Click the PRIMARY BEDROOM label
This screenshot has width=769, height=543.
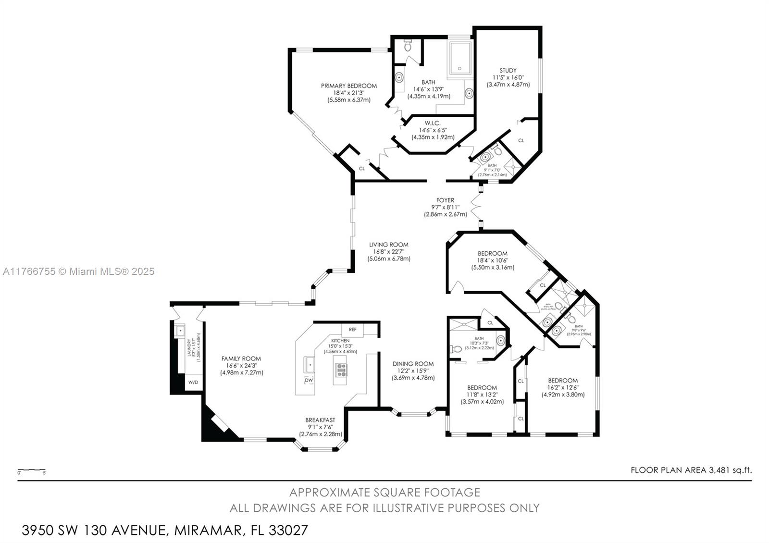coord(348,86)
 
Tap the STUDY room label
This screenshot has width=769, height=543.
coord(508,71)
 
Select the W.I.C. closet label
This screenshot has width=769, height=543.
coord(433,123)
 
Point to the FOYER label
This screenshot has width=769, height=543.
coord(445,200)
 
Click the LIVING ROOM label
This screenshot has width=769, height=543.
coord(388,245)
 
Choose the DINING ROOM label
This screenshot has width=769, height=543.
coord(413,364)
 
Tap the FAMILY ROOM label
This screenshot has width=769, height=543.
coord(241,358)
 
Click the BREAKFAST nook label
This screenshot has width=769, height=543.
coord(320,420)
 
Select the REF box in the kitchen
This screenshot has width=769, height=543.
coord(352,330)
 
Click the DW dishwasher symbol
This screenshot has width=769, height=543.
coord(309,380)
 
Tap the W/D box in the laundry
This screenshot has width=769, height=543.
coord(193,383)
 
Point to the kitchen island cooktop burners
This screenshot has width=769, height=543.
coord(341,370)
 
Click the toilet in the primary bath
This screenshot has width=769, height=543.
coord(408,46)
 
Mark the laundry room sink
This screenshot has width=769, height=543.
coord(180,331)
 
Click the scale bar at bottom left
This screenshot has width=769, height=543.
coord(32,470)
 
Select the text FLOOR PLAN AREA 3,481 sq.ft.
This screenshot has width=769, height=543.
coord(691,470)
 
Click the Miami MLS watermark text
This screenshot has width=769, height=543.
coord(78,271)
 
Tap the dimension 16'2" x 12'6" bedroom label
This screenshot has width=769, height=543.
coord(563,387)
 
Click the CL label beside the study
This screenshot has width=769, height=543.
coord(521,140)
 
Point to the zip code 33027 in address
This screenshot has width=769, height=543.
coord(288,531)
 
